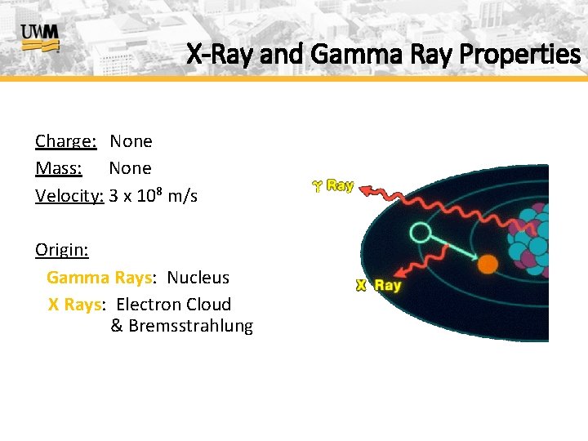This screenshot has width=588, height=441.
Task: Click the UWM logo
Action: pos(40,37)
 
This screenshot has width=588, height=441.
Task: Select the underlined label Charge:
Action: pos(66,141)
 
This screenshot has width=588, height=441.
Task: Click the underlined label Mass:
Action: pos(59,168)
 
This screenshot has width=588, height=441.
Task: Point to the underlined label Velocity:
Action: pos(69,196)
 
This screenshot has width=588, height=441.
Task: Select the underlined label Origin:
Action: pos(62,249)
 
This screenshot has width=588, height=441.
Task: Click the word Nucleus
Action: pos(198,278)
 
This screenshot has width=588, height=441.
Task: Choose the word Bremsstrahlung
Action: pos(190,327)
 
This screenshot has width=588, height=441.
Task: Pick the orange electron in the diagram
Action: pos(488,264)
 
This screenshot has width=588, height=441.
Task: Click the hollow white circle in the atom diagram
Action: pos(420,234)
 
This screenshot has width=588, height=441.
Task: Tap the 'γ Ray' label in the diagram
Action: pos(332,185)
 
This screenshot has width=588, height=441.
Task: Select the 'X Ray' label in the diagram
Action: pos(378,285)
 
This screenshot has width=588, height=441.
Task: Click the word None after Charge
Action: pos(131,141)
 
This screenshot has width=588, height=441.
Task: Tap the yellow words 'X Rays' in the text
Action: pos(74,305)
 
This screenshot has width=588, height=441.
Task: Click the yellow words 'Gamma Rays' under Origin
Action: pos(99,278)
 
